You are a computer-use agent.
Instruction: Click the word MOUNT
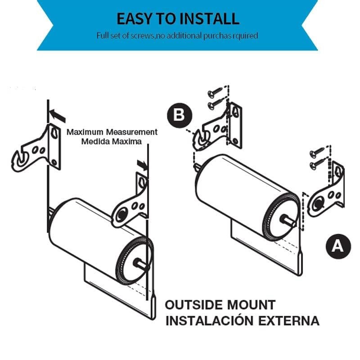(252, 305)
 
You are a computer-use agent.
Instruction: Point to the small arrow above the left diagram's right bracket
(144, 165)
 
